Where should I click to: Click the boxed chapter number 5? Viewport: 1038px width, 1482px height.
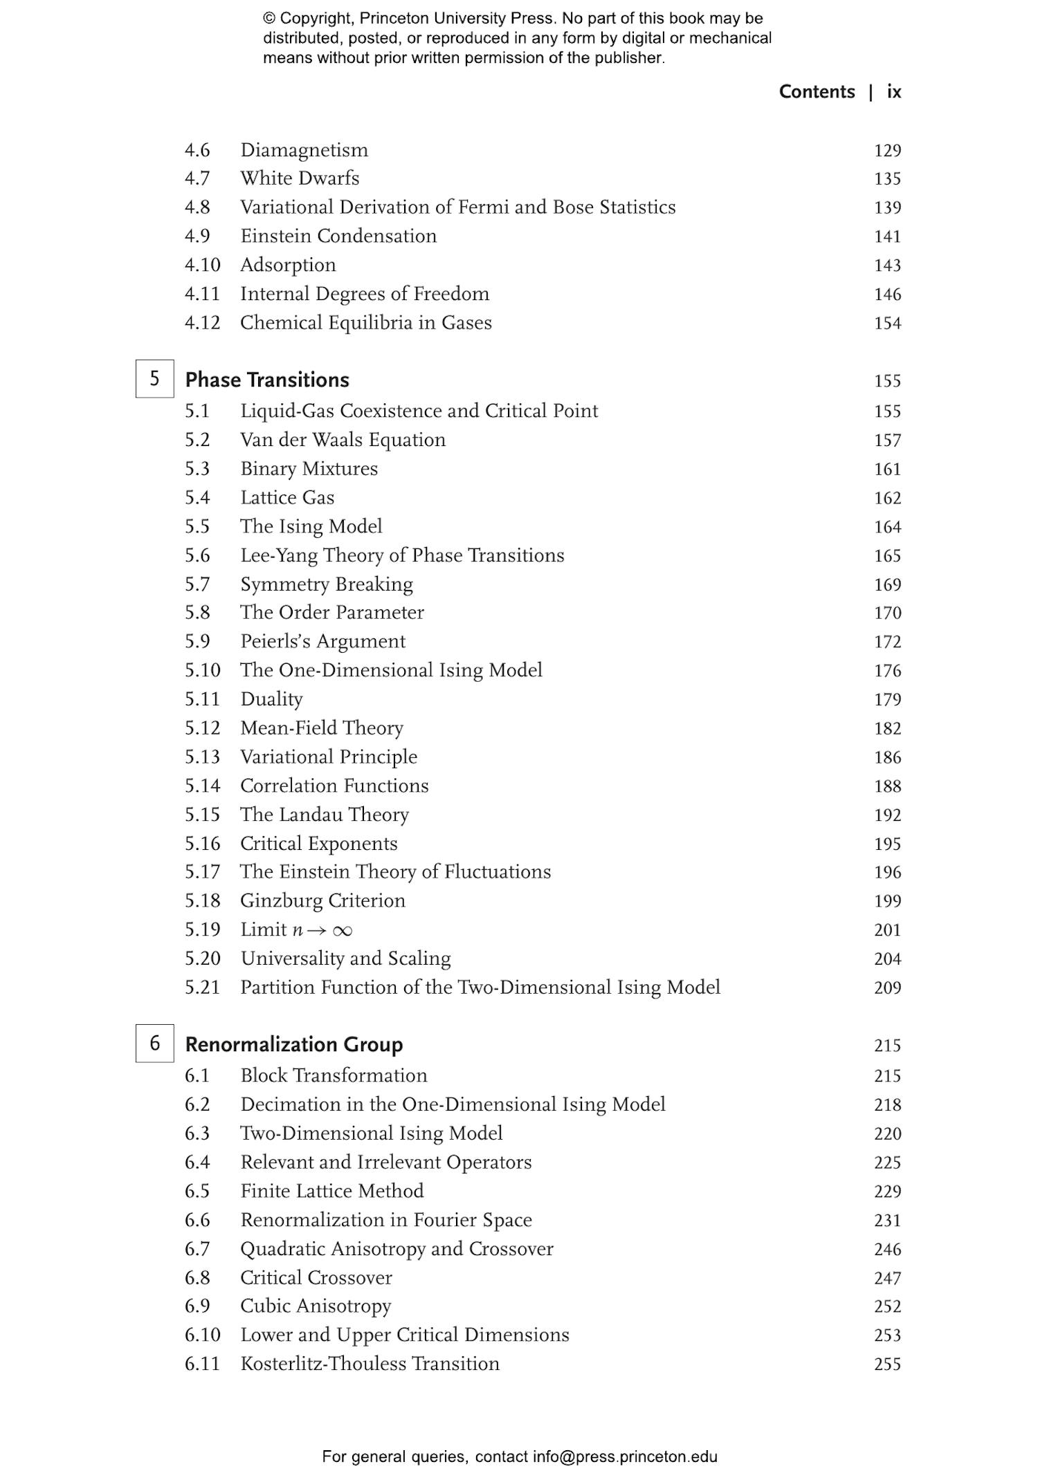coord(154,379)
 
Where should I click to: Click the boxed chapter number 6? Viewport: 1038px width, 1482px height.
coord(154,1043)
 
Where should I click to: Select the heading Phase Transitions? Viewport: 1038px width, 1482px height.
coord(267,380)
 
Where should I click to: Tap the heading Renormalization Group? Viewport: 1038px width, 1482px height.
coord(293,1044)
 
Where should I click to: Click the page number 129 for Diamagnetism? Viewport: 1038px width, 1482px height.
coord(887,151)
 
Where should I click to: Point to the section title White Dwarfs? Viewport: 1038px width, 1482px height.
coord(300,178)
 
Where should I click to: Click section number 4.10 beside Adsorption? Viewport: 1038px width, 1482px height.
coord(202,265)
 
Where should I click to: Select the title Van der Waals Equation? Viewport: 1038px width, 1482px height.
coord(343,440)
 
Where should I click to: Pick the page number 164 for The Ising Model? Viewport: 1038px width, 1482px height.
coord(887,527)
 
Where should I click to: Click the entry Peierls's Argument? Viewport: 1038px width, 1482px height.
coord(322,642)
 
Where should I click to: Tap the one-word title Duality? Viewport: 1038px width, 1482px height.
coord(271,699)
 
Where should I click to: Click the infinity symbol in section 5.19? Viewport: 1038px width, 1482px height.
coord(342,931)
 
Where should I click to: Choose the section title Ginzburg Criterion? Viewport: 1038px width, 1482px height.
coord(322,900)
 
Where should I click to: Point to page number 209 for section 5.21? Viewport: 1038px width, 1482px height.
coord(887,988)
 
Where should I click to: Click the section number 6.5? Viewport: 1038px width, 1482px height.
coord(197,1191)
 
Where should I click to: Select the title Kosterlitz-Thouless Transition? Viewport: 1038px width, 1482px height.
coord(370,1364)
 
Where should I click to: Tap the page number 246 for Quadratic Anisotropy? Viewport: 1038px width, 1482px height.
coord(887,1249)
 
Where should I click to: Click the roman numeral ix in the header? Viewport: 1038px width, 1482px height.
coord(894,92)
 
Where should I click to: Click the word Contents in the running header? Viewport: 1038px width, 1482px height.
coord(817,92)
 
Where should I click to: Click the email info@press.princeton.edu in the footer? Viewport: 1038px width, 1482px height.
coord(625,1456)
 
